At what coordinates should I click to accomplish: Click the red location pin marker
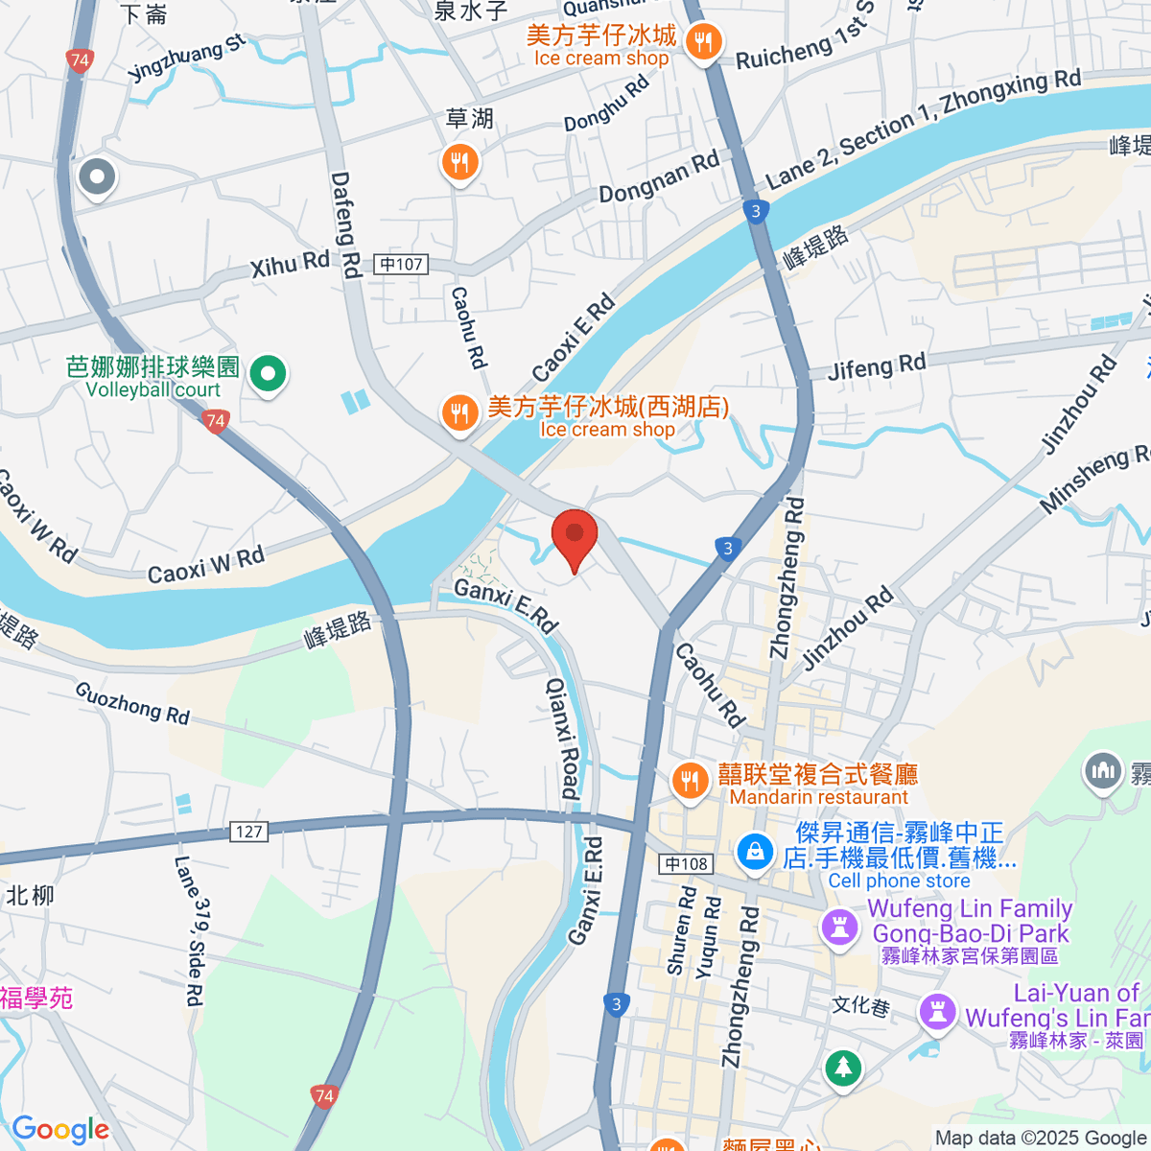(575, 537)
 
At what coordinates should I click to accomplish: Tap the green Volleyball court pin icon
(269, 373)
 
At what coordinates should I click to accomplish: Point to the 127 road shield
(248, 832)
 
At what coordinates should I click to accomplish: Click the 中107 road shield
(401, 264)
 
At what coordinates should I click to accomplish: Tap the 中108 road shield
(687, 864)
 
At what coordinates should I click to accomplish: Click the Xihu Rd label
(290, 264)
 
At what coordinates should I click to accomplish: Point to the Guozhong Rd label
(132, 703)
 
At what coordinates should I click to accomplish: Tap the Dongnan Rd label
(658, 178)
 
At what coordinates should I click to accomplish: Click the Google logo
(60, 1130)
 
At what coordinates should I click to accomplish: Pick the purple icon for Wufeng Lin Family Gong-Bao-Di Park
(840, 928)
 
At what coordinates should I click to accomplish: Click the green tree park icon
(842, 1068)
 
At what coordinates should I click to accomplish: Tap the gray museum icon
(1103, 770)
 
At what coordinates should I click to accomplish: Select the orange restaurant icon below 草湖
(459, 163)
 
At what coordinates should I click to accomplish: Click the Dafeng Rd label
(344, 224)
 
